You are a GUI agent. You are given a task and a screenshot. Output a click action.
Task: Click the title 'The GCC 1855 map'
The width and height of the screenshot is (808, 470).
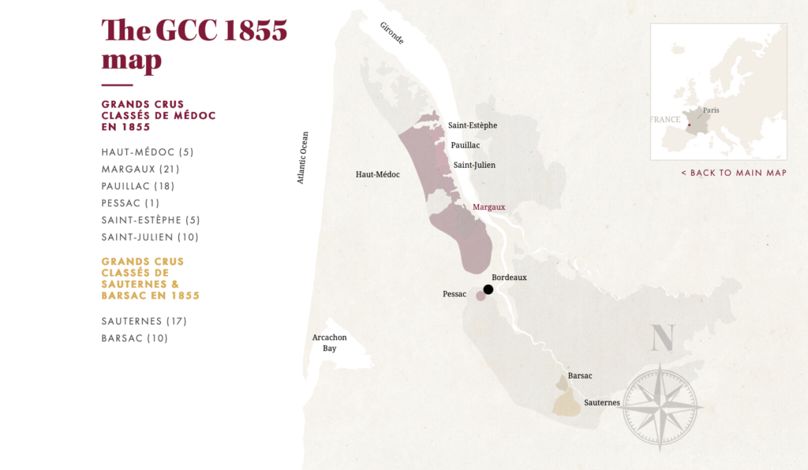[x=194, y=45]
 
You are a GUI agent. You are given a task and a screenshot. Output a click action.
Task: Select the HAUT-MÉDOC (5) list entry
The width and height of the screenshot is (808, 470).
[x=148, y=152]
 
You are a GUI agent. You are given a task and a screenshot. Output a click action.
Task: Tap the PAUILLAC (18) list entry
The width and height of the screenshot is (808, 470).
[x=138, y=186]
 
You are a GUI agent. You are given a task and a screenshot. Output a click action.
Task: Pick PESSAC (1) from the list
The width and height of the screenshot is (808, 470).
[x=130, y=203]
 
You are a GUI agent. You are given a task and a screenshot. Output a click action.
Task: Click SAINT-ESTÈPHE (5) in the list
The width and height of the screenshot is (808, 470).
[x=151, y=220]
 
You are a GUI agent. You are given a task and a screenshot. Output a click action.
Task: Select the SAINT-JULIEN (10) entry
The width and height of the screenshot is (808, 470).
[x=150, y=237]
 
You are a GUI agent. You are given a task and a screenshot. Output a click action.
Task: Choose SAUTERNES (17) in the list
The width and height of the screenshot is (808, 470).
[x=144, y=321]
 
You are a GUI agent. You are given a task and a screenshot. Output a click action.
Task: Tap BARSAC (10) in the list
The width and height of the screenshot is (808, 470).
[x=135, y=338]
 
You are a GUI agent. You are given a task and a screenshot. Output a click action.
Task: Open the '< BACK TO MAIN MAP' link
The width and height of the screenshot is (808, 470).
[x=734, y=173]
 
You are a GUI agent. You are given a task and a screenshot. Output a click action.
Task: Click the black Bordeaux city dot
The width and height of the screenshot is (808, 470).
[x=488, y=289]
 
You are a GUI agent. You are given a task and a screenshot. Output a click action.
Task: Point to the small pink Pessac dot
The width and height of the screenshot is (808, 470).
[x=481, y=296]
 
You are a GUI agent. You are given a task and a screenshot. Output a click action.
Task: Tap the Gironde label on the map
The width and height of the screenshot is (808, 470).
[x=392, y=32]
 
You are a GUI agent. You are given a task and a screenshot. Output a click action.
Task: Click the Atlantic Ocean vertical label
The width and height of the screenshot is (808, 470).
[x=302, y=158]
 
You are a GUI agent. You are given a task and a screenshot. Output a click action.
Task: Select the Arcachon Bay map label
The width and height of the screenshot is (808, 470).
[x=329, y=342]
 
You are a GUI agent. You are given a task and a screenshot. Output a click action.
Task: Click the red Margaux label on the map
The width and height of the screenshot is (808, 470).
[x=488, y=207]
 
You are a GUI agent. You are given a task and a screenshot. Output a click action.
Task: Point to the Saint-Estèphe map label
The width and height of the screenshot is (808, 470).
[x=473, y=125]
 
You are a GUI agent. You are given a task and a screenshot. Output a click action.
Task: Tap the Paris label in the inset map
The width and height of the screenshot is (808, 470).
[x=711, y=110]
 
